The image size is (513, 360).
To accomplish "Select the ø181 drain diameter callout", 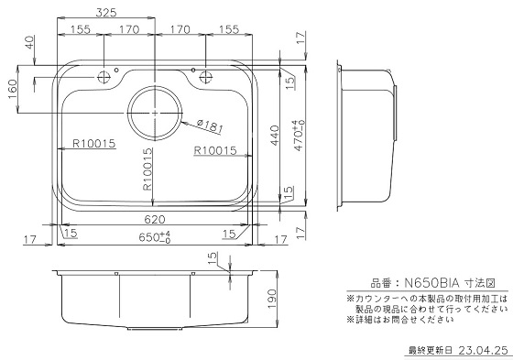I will point(209,125).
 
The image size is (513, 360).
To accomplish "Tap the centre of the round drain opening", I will point(156,110).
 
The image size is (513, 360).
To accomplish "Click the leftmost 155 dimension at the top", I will point(80,30).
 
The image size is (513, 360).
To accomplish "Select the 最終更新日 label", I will point(430,350).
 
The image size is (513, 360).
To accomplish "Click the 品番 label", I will point(379,285).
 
